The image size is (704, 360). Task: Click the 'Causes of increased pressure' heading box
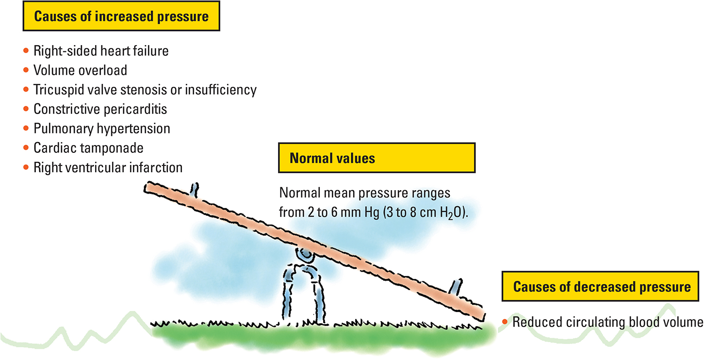[x=121, y=17]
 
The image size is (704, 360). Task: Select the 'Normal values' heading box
[x=377, y=158]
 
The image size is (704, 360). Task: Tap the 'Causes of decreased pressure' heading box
[x=602, y=287]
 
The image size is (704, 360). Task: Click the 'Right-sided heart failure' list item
[x=101, y=51]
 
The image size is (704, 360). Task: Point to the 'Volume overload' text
[x=80, y=70]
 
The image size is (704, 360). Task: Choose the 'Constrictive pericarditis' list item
[x=100, y=109]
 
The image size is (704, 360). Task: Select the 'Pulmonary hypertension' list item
[x=102, y=129]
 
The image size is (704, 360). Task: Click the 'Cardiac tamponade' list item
[x=88, y=148]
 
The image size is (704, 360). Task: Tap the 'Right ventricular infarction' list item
[x=108, y=167]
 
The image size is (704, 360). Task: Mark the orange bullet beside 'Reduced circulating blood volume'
[x=505, y=322]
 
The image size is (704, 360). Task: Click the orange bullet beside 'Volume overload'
[x=26, y=70]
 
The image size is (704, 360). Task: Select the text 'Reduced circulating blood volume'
[x=607, y=322]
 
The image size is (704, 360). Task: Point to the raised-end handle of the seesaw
[x=195, y=190]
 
